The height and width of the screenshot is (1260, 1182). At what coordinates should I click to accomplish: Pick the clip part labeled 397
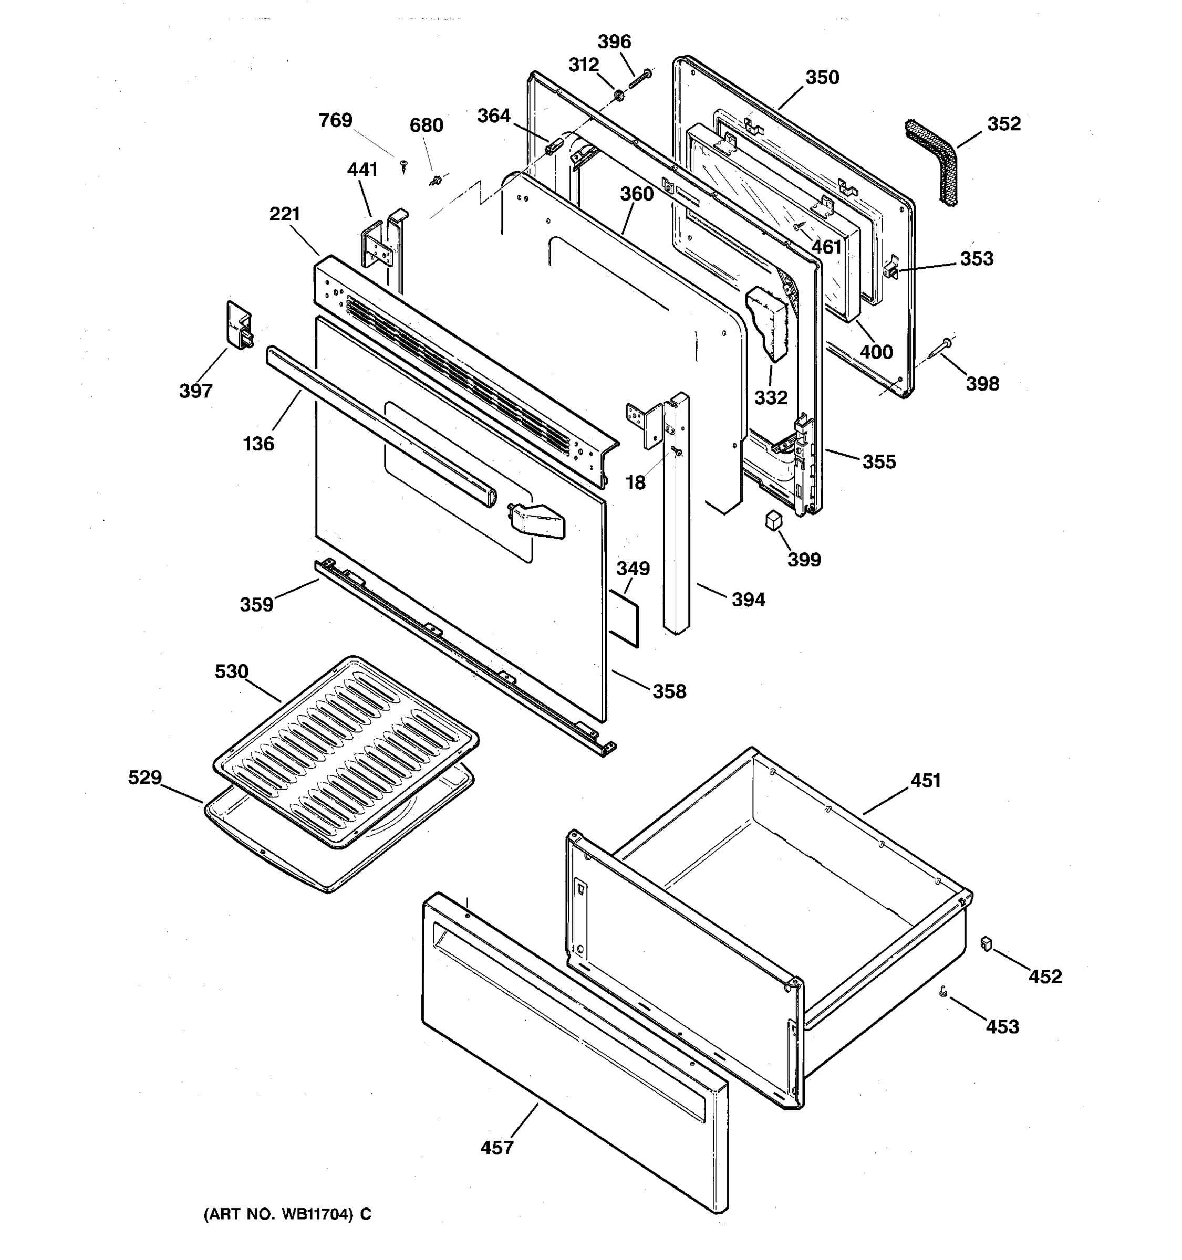coord(239,325)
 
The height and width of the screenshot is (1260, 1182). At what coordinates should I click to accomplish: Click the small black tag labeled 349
coord(624,618)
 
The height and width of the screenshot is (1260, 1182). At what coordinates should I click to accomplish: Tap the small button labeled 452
coord(986,944)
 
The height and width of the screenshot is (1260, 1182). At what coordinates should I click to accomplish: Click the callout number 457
coord(496,1148)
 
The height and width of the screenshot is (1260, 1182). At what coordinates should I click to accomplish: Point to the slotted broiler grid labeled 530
coord(346,748)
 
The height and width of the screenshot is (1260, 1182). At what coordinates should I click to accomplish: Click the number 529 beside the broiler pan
coord(144,778)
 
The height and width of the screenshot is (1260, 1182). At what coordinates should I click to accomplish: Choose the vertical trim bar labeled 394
coord(676,513)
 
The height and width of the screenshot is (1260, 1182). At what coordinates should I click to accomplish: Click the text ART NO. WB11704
coord(287,1214)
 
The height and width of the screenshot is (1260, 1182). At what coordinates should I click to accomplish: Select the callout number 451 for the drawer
coord(925,781)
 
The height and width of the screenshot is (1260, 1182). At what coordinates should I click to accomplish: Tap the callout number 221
coord(284,214)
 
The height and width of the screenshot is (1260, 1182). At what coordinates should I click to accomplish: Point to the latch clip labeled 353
coord(891,270)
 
